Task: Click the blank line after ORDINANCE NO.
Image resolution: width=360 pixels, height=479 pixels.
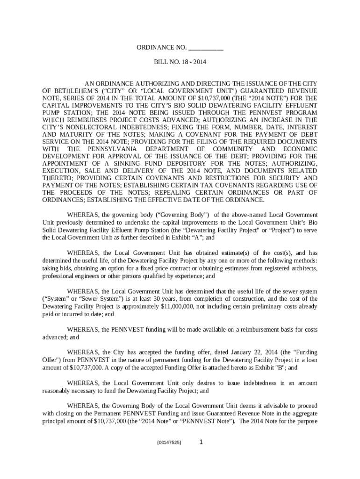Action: (206, 48)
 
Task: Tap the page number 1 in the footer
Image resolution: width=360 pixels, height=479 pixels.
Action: (201, 441)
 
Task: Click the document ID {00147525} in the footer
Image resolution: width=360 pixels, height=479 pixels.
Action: (169, 442)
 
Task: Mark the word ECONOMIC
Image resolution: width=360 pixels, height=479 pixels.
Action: (300, 149)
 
